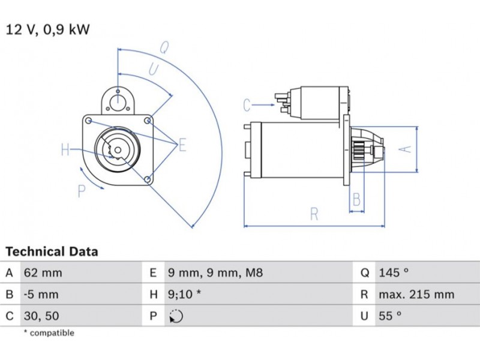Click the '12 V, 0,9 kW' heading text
tap(48, 29)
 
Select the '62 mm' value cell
tap(43, 273)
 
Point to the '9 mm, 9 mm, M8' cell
tap(215, 273)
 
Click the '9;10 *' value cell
tap(184, 295)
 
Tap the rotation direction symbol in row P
tap(176, 316)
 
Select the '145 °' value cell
tap(394, 273)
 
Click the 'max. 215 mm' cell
tap(416, 295)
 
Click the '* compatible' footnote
tap(49, 333)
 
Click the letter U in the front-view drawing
tap(154, 70)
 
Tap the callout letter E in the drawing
tap(182, 145)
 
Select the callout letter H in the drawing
tap(65, 150)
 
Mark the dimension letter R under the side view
tap(314, 214)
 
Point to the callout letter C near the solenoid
tap(247, 106)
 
